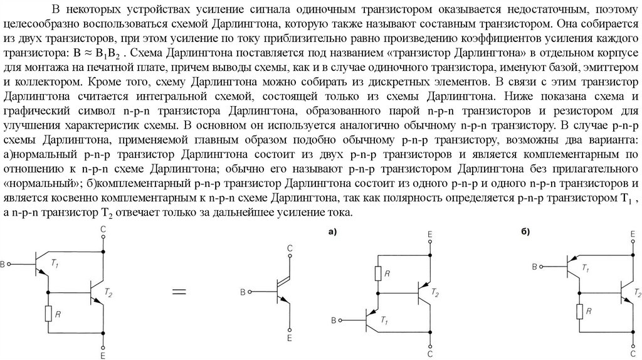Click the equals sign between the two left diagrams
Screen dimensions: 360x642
179,292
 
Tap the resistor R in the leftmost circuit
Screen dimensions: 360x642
48,314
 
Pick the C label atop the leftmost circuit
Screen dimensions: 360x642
103,230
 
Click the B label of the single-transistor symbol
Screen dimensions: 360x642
243,292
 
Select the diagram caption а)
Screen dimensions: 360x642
332,231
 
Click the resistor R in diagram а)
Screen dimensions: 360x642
378,273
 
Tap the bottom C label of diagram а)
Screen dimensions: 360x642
431,354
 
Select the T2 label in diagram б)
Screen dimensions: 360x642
636,293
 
